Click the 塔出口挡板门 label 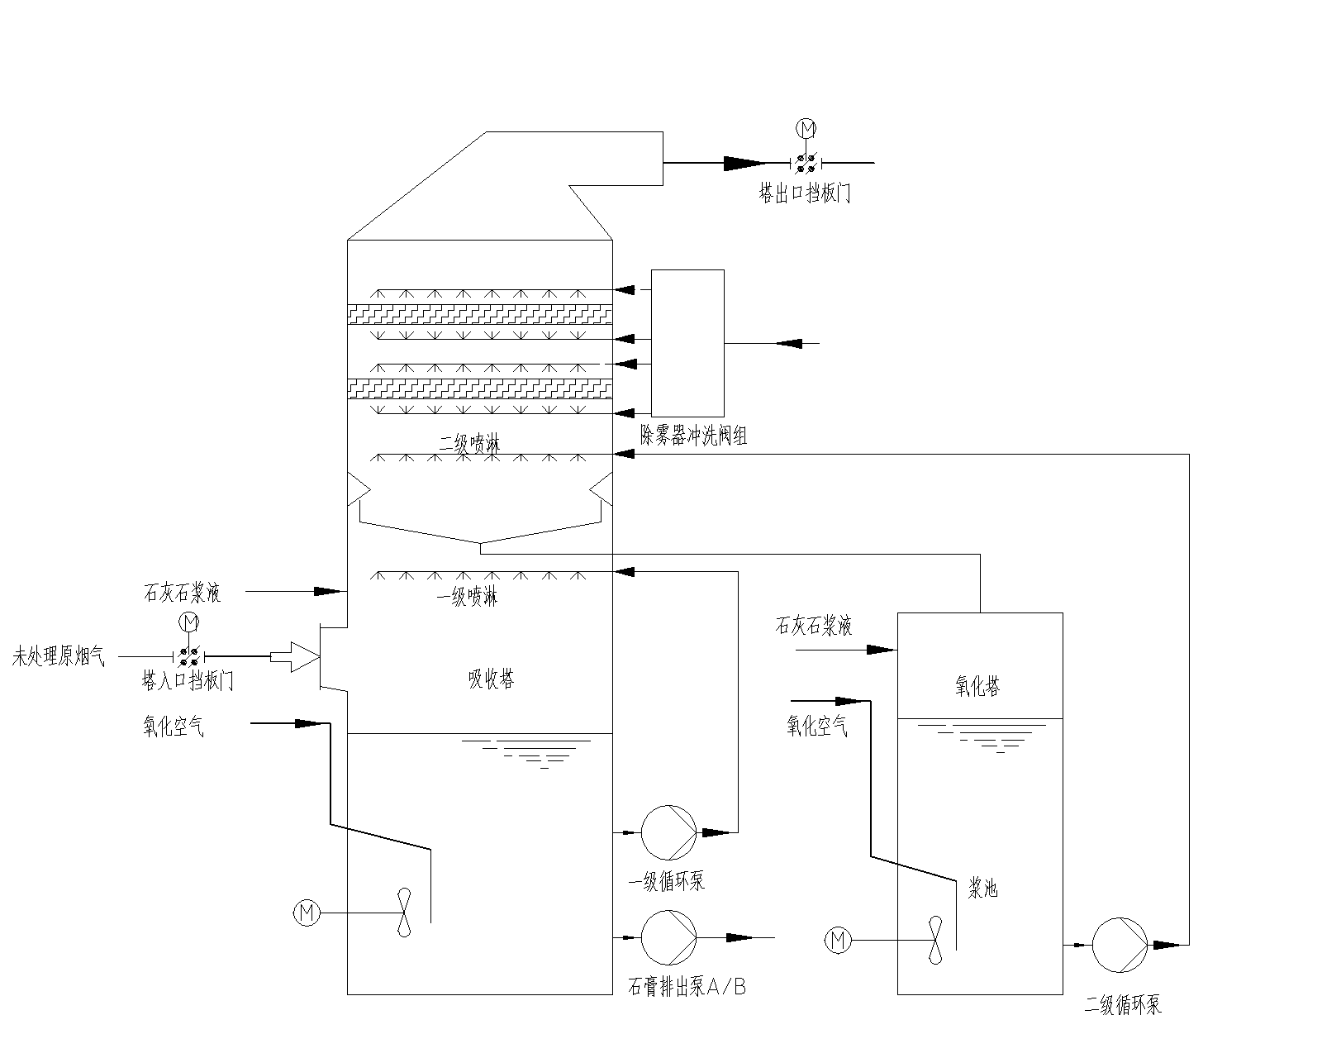pos(805,195)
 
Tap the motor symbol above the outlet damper pos(806,128)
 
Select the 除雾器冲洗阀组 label pos(694,436)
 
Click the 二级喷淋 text pos(468,444)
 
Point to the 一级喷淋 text pos(468,597)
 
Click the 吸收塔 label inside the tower pos(492,679)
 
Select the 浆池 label pos(983,889)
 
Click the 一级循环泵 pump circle pos(669,832)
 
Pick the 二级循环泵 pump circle pos(1120,943)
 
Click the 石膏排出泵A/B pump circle pos(669,937)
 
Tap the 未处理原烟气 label pos(59,658)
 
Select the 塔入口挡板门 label pos(188,682)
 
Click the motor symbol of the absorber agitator pos(307,913)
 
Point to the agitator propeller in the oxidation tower pos(936,940)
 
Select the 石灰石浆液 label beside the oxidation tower pos(813,626)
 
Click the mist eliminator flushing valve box pos(687,342)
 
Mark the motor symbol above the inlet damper pos(189,621)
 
